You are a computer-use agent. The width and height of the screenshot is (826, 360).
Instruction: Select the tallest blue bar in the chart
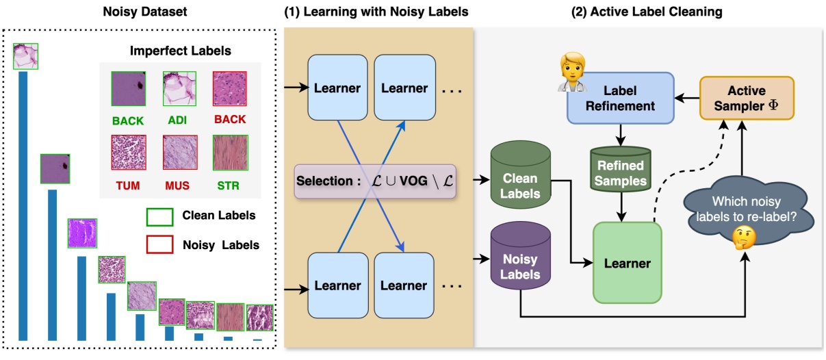point(23,205)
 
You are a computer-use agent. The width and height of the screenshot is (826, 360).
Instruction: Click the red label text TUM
point(128,185)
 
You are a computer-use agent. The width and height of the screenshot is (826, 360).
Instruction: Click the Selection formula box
point(375,181)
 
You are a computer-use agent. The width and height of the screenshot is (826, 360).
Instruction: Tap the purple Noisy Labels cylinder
point(520,259)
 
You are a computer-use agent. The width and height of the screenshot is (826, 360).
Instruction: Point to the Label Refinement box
point(621,98)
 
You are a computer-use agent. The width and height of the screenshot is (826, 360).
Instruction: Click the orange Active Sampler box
point(746,99)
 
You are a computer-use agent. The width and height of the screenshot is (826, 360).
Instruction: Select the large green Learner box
point(628,262)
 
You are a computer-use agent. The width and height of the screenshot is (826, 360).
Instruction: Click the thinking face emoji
point(743,237)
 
